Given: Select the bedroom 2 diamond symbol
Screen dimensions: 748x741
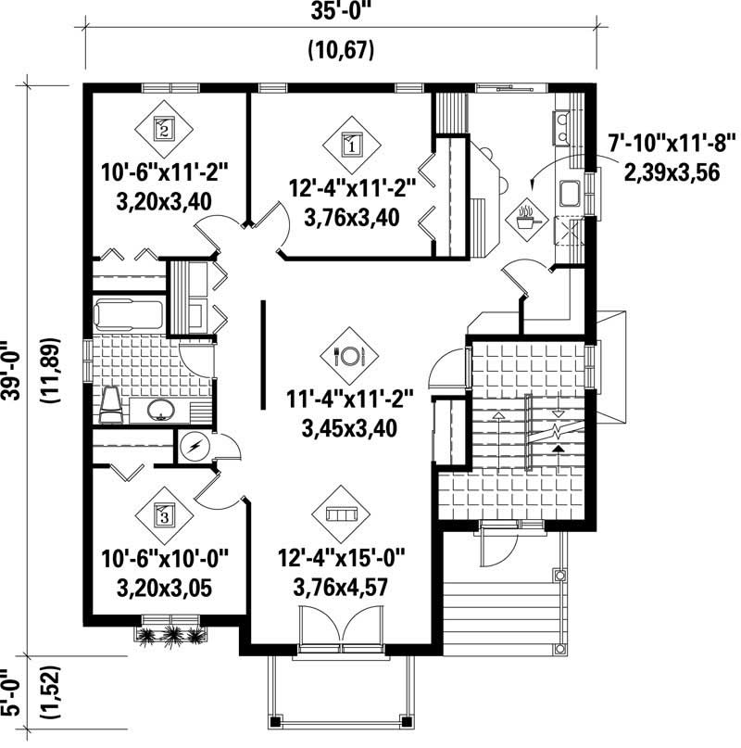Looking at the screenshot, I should click(x=163, y=128).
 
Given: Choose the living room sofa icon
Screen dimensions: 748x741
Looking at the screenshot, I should click(x=342, y=513).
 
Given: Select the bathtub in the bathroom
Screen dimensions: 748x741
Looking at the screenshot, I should click(x=129, y=315).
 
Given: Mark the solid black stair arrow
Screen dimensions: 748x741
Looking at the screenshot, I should click(x=558, y=450).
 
